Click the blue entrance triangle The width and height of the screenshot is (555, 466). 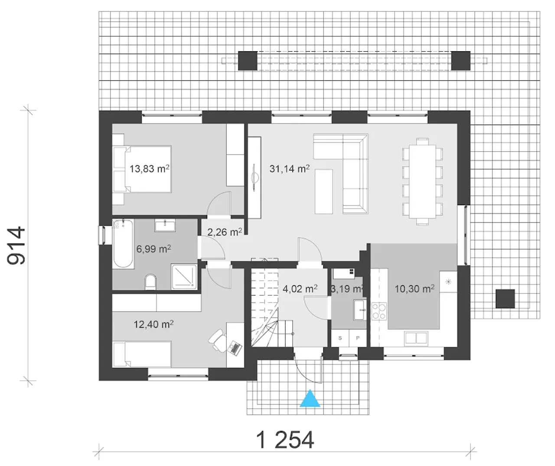point(310,399)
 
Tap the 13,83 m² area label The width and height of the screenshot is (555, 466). point(150,168)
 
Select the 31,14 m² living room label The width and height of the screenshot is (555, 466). point(290,168)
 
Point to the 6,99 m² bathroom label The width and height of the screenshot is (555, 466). point(153,249)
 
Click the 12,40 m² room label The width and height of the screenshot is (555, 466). point(153,324)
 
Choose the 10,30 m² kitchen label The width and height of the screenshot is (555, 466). point(415,288)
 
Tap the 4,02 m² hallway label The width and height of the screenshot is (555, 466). point(300,288)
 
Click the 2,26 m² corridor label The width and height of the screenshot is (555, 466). point(224,232)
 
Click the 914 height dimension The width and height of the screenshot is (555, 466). point(16,245)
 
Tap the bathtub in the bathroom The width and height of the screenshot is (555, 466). point(123,244)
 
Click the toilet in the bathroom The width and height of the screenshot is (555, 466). point(150,282)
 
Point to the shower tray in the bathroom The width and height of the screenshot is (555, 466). point(184,276)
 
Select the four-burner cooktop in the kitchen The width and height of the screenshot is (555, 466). point(379,311)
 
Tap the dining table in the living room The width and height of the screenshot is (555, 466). point(422,181)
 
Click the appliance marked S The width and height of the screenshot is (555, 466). point(340,338)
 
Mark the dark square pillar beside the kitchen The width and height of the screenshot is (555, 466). point(505,299)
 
